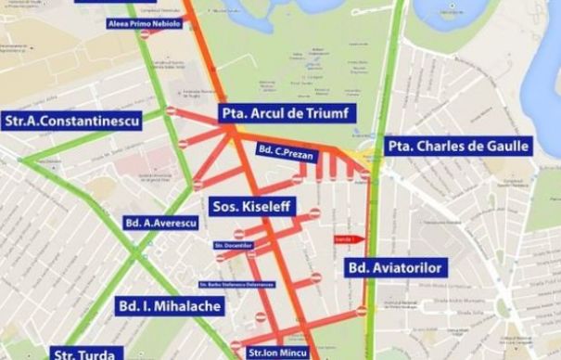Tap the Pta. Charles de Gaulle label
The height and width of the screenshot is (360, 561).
click(x=458, y=146)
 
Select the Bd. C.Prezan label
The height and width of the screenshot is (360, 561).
click(x=288, y=152)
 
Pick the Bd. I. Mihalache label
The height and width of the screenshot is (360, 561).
click(x=170, y=305)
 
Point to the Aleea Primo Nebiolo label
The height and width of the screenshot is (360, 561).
click(x=144, y=23)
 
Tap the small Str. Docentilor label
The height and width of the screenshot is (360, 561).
click(x=233, y=245)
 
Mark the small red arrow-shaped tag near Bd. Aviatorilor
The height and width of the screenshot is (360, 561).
click(x=343, y=237)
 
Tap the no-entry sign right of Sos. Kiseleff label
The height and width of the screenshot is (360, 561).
click(x=314, y=212)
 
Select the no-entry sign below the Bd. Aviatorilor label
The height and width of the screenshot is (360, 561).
click(x=362, y=311)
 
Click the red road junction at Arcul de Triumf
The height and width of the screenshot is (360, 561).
click(x=232, y=133)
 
